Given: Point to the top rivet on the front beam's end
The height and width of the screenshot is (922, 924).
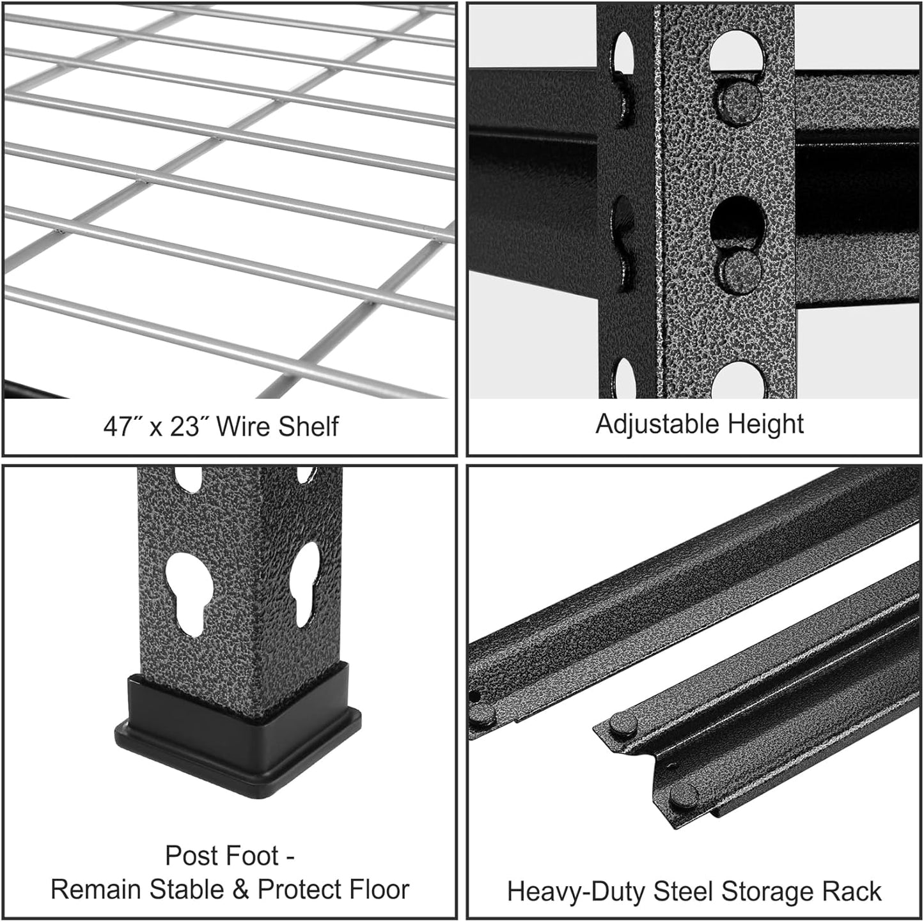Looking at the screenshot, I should [x=622, y=724].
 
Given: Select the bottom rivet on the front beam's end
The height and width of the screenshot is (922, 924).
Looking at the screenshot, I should [x=684, y=795].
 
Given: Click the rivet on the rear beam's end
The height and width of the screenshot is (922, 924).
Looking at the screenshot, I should [x=483, y=716].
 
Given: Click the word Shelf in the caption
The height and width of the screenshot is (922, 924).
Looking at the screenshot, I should [x=309, y=426].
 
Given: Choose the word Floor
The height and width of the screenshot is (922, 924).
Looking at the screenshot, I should [x=375, y=889].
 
